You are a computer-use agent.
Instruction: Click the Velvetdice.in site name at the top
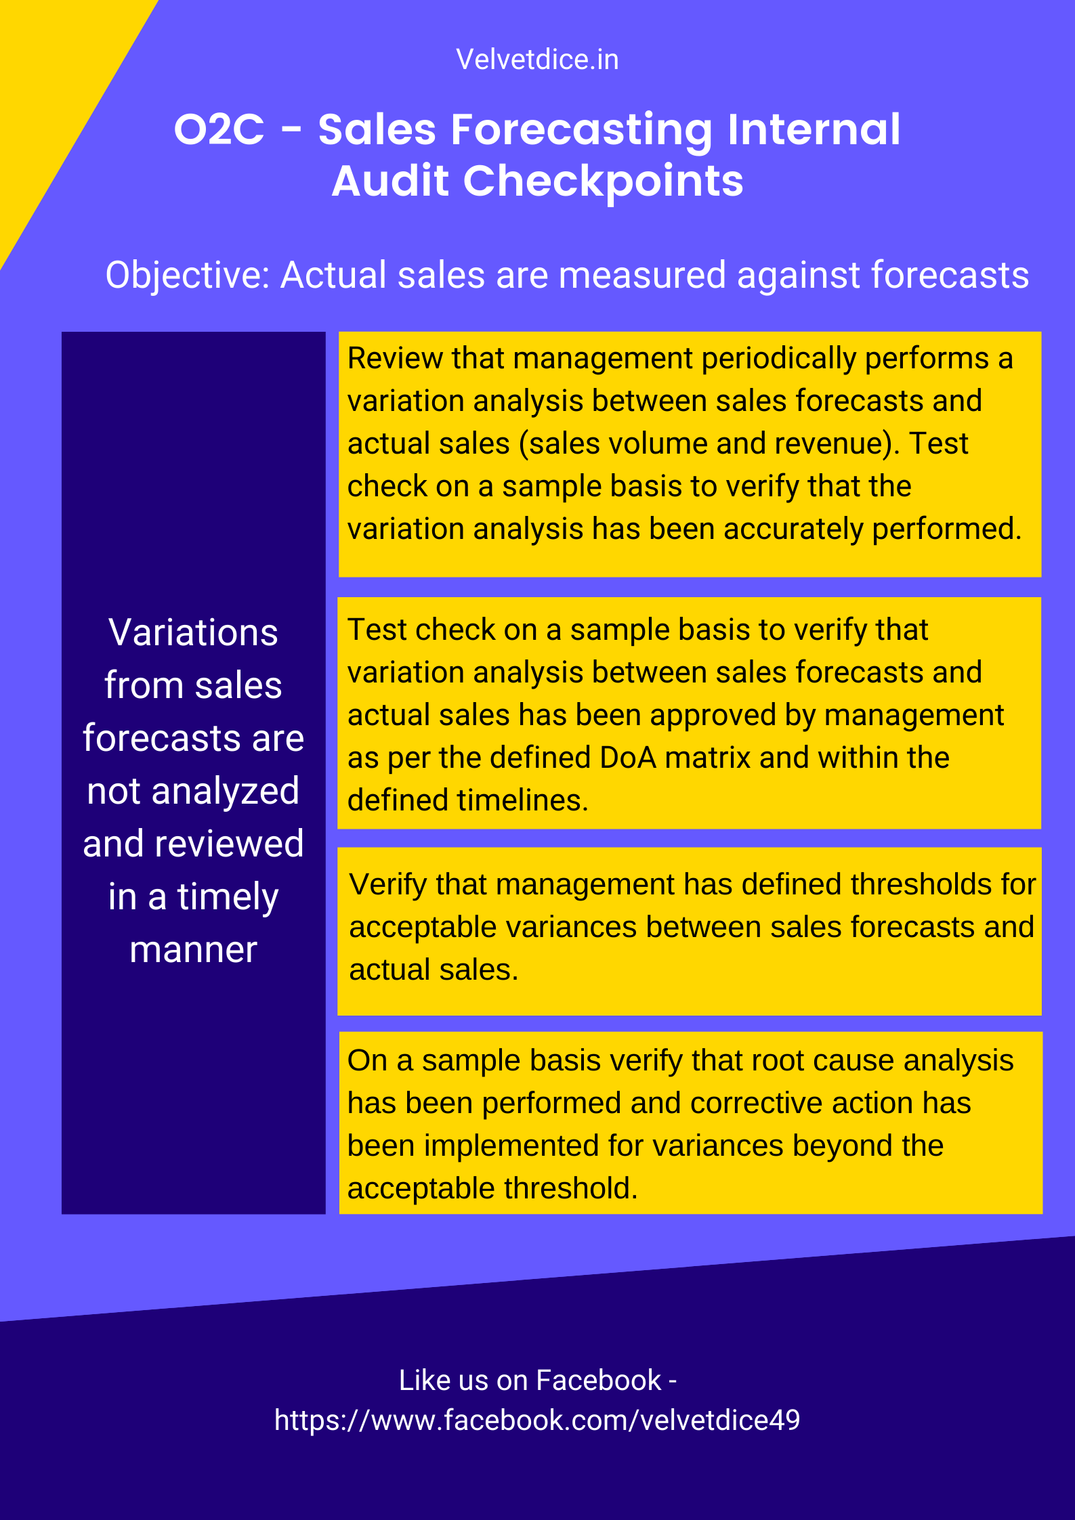pyautogui.click(x=537, y=60)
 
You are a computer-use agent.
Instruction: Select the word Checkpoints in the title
pyautogui.click(x=603, y=182)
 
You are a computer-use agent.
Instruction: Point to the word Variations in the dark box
pyautogui.click(x=193, y=632)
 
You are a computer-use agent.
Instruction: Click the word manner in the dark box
pyautogui.click(x=193, y=950)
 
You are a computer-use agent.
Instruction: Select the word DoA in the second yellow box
pyautogui.click(x=628, y=758)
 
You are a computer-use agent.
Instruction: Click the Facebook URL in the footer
pyautogui.click(x=537, y=1420)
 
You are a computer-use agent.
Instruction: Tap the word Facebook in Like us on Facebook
pyautogui.click(x=598, y=1381)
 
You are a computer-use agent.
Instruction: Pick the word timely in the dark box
pyautogui.click(x=228, y=898)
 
